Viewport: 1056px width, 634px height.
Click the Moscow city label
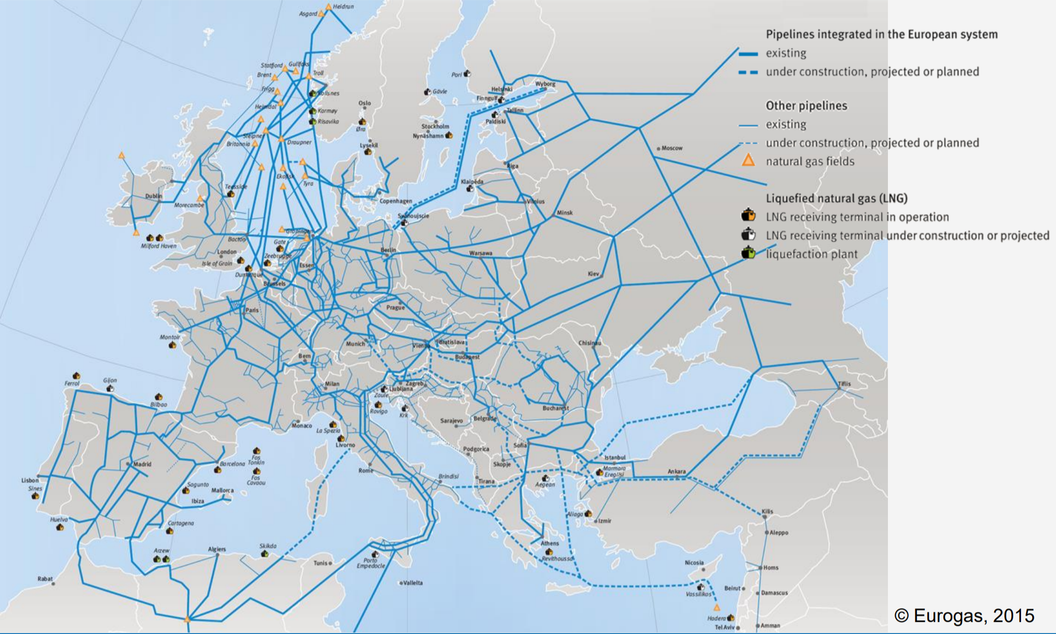tap(672, 148)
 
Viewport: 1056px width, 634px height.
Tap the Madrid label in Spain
tap(142, 464)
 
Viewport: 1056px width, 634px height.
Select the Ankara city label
tap(677, 471)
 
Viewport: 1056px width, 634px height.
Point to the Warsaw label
tap(480, 253)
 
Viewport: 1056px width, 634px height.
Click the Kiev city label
tap(593, 274)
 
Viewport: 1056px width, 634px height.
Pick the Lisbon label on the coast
tap(30, 480)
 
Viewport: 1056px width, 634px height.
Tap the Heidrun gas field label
tap(343, 6)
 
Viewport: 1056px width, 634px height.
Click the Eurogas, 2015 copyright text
tap(964, 615)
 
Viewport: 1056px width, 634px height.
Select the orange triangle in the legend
tap(748, 161)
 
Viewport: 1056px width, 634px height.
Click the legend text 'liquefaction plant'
tap(811, 254)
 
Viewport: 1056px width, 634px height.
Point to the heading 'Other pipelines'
tap(806, 106)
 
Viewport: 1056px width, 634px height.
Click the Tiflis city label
tap(844, 384)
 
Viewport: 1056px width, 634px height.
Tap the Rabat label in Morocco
tap(45, 578)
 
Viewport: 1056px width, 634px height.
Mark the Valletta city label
tap(413, 583)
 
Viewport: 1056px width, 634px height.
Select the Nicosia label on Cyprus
tap(694, 563)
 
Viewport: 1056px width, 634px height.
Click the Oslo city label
tap(364, 103)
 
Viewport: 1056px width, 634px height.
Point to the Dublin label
tap(154, 196)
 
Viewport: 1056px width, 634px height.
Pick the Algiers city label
tap(217, 549)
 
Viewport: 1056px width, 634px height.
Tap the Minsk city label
tap(564, 213)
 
